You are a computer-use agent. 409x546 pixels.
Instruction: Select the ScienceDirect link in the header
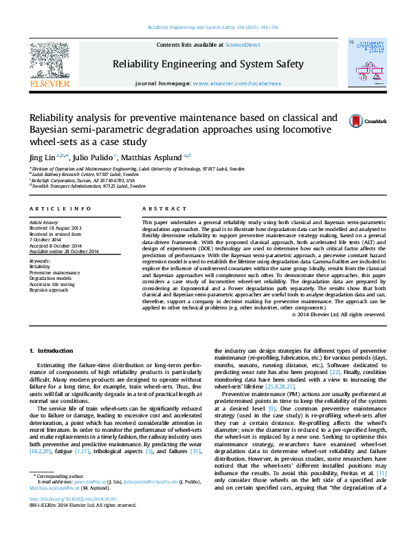click(243, 45)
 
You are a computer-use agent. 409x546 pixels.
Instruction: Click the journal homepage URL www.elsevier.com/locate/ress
click(237, 83)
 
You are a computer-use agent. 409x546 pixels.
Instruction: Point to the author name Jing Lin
click(43, 157)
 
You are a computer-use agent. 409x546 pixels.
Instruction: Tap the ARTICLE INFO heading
click(60, 208)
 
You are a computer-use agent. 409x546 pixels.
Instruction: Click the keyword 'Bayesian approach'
click(50, 290)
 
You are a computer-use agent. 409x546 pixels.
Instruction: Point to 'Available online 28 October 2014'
click(64, 250)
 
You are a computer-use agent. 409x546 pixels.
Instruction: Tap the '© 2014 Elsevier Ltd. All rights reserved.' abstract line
click(338, 314)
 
